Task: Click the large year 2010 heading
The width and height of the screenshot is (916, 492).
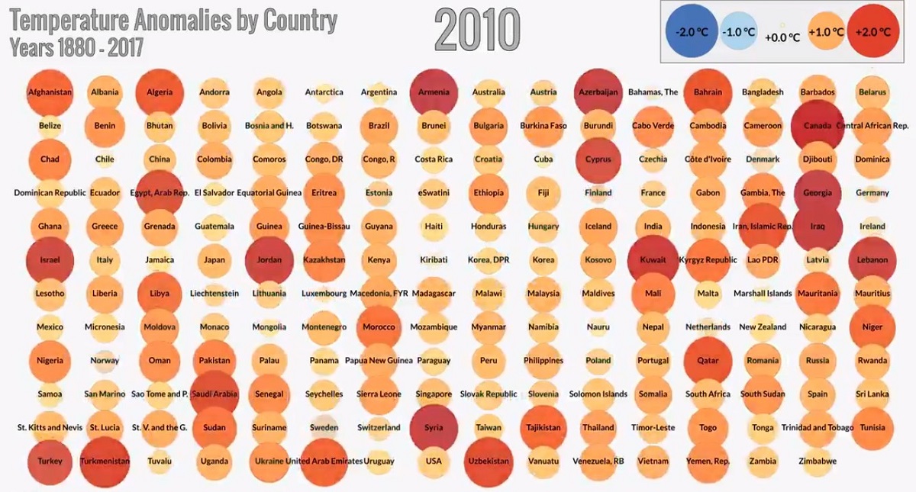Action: coord(477,31)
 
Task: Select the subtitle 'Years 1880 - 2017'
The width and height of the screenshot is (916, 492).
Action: coord(76,47)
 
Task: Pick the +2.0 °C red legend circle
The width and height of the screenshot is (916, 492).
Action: coord(873,32)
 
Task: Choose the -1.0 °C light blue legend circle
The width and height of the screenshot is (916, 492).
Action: coord(738,33)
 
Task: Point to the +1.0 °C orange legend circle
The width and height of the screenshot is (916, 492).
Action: coord(827,32)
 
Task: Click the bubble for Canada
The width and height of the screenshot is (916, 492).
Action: coord(818,126)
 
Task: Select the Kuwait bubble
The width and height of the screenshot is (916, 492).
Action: coord(653,260)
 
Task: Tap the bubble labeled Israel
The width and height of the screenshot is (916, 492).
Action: coord(50,260)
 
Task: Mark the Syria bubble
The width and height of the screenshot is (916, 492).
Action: coord(434,428)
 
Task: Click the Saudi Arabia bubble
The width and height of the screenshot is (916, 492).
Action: coord(214,394)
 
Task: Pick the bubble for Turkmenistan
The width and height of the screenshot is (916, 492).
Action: coord(105,461)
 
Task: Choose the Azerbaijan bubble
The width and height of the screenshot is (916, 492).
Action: coord(598,92)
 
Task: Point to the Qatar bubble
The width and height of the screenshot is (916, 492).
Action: coord(708,361)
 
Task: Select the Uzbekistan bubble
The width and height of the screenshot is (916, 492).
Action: coord(489,461)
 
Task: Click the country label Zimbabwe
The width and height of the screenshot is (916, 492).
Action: coord(817,461)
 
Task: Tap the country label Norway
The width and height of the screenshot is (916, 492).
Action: coord(105,361)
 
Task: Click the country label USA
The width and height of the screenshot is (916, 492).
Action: coord(434,461)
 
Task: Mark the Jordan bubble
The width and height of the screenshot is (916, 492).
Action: coord(269,260)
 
